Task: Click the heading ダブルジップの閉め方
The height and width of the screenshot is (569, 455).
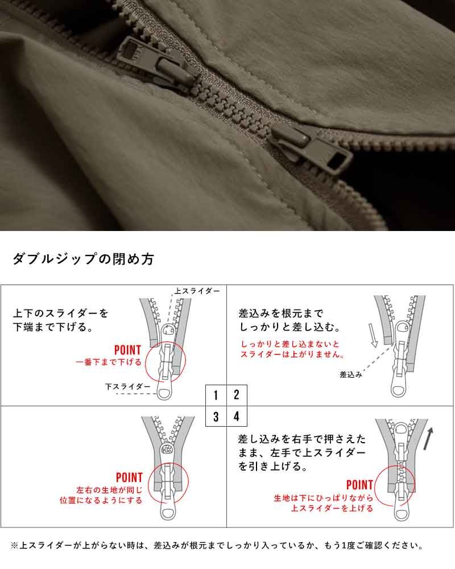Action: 84,259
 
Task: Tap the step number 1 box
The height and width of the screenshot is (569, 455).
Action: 216,395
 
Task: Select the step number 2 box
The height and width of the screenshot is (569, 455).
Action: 237,395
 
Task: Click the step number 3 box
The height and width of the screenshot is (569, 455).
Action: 216,417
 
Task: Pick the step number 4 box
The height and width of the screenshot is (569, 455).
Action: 237,417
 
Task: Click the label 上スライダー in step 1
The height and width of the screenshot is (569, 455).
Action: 197,291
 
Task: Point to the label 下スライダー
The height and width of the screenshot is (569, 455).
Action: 127,387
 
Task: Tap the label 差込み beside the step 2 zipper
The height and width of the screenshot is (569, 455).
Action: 351,375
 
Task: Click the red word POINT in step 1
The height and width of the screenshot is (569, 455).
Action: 128,350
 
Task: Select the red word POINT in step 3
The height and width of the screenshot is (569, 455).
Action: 130,477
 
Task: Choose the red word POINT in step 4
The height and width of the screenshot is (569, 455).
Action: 359,485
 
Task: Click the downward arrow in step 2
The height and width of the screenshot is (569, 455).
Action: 373,335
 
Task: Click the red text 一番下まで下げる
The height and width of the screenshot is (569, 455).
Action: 109,362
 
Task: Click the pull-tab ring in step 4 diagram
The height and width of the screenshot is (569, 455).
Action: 402,512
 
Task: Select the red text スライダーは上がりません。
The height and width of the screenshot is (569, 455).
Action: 292,354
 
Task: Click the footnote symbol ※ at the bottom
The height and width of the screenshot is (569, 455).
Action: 15,546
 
